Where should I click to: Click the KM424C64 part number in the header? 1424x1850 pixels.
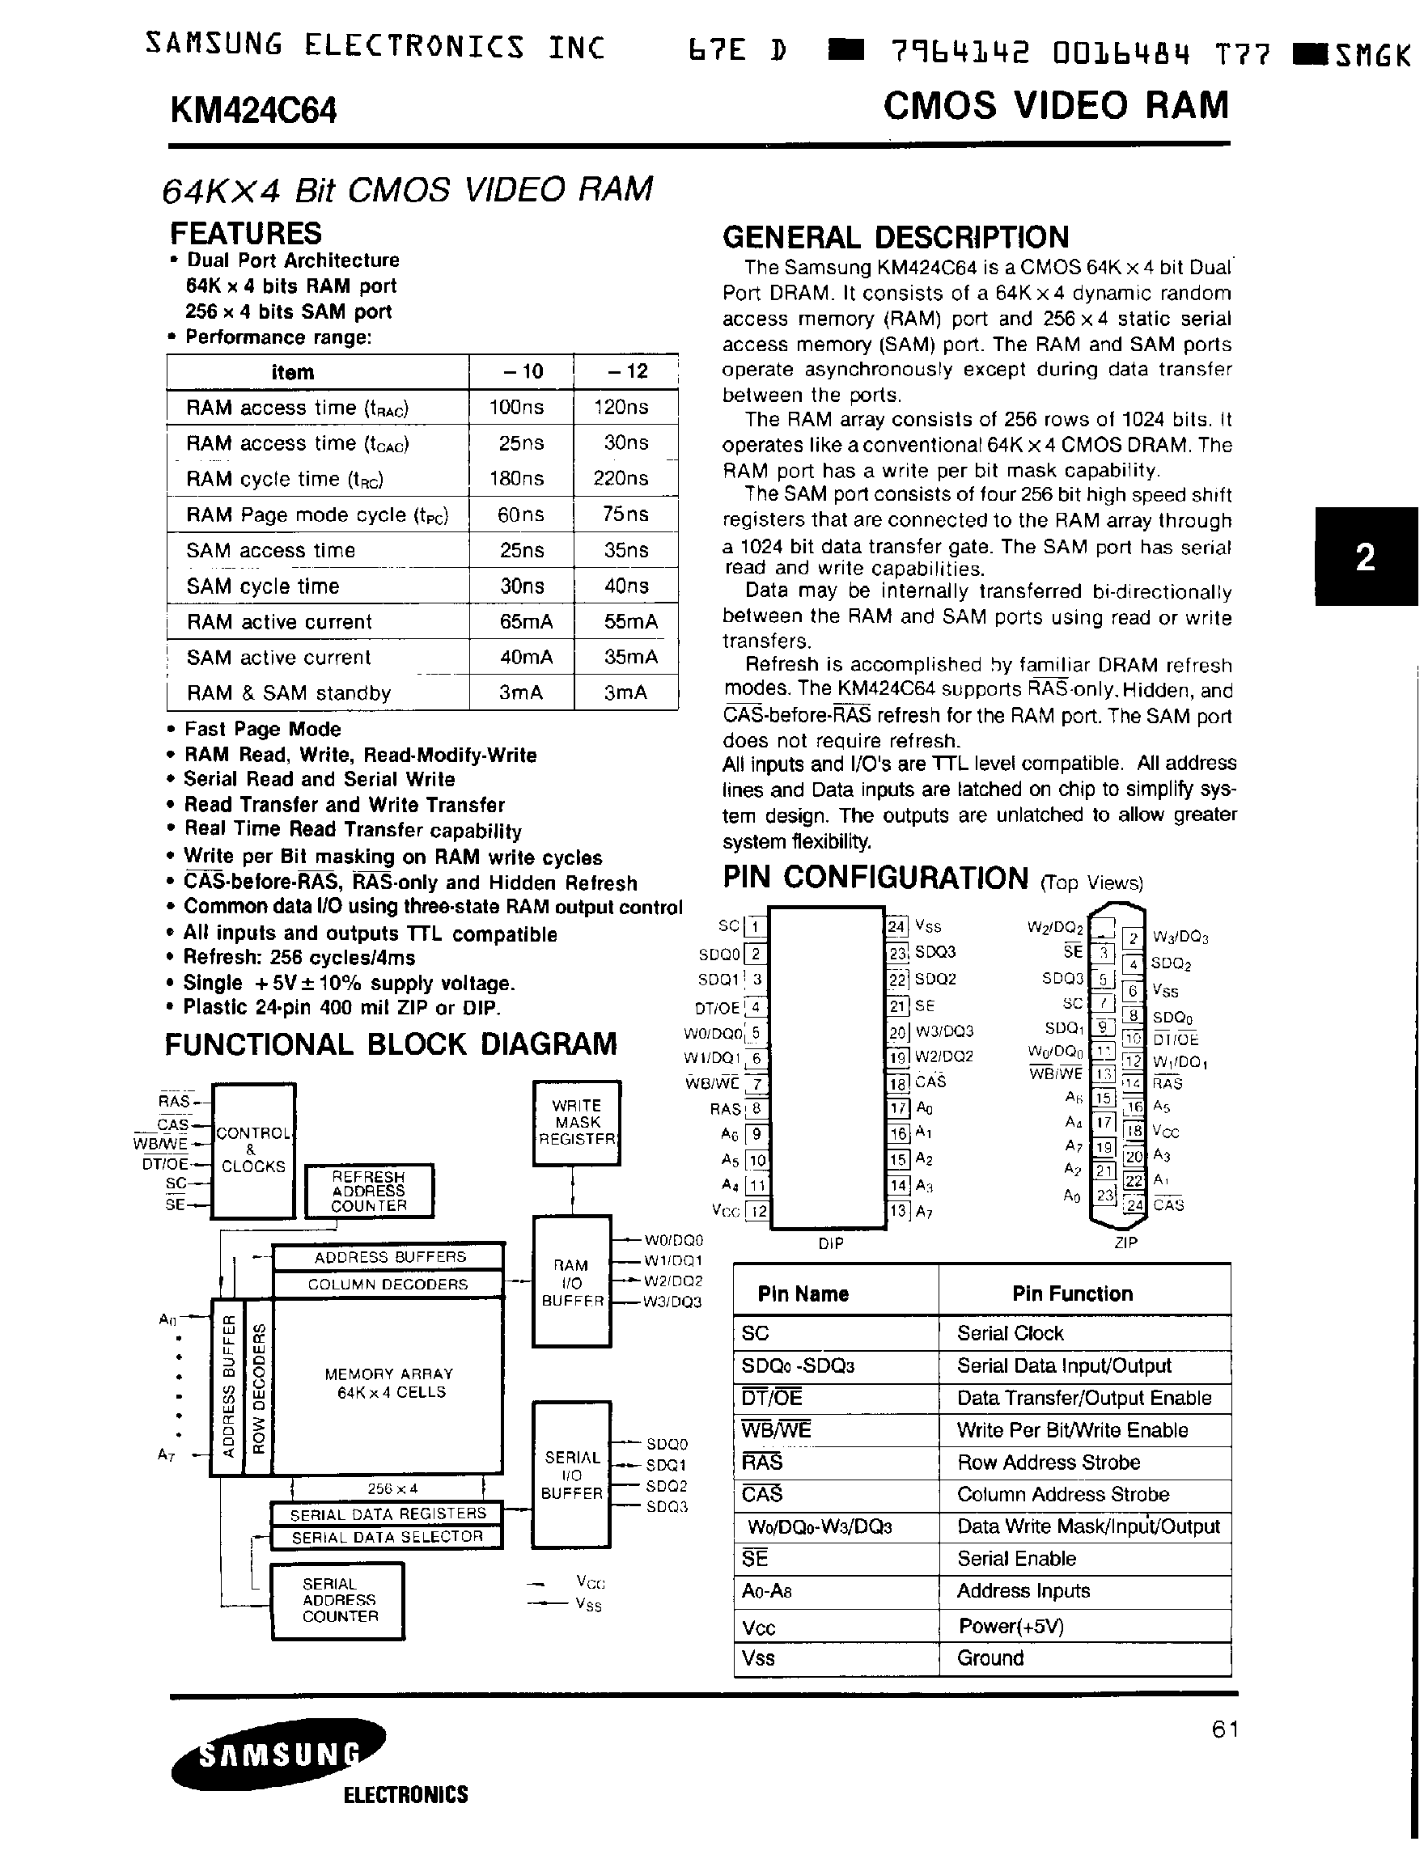252,111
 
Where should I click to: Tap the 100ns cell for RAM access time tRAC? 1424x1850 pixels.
517,408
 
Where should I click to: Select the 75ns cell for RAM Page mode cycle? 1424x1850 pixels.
625,514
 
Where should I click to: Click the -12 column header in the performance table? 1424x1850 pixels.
626,371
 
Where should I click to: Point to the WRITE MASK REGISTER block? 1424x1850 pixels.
576,1122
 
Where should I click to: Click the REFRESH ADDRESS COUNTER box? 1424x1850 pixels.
368,1191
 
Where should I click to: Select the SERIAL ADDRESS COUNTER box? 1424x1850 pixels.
337,1600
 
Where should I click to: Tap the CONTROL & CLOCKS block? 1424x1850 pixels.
252,1149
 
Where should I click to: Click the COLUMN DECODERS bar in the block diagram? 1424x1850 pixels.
387,1284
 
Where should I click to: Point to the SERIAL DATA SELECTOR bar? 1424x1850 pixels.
386,1537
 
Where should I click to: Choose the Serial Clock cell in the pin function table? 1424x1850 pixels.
1010,1333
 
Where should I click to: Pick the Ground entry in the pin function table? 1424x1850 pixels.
990,1658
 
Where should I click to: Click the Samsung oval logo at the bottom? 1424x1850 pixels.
278,1755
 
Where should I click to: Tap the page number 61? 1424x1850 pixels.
1225,1729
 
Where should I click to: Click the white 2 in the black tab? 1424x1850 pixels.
1365,557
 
